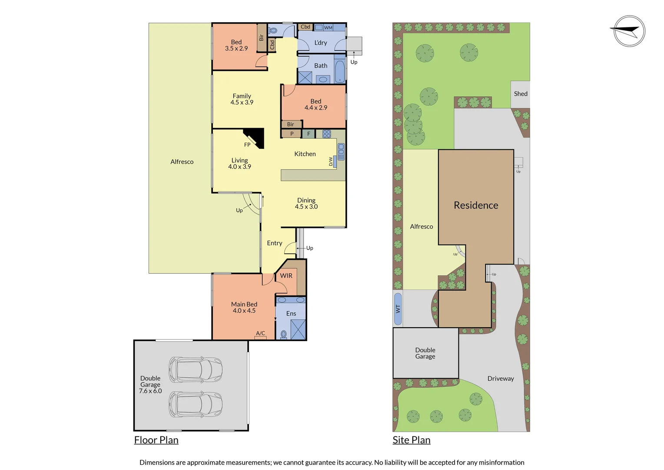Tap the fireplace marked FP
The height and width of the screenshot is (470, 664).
[x=256, y=137]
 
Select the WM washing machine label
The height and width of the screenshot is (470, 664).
[x=328, y=27]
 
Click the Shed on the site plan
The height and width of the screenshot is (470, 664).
[x=520, y=94]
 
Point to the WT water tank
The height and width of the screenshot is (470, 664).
[x=398, y=309]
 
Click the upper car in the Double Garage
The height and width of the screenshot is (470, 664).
[x=196, y=369]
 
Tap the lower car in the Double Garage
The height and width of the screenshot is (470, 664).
[x=196, y=404]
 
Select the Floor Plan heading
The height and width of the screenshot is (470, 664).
[x=156, y=440]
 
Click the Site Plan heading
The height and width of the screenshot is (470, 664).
[x=411, y=440]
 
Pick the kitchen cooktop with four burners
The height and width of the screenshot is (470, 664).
[x=327, y=134]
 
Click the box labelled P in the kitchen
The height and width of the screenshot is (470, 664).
[x=292, y=134]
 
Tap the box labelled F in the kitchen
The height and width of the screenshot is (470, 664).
[x=309, y=134]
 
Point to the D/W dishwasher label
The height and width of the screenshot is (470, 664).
[x=331, y=161]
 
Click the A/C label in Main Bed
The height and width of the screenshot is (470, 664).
[x=260, y=333]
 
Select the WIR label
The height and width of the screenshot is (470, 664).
[x=286, y=275]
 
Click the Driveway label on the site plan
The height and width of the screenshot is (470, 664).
[x=500, y=379]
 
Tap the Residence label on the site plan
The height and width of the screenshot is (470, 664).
[x=476, y=205]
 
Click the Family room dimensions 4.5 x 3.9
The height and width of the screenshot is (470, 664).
[x=242, y=102]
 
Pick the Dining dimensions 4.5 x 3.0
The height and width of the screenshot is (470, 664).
[x=306, y=207]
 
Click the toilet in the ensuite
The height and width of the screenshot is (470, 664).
[x=284, y=334]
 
